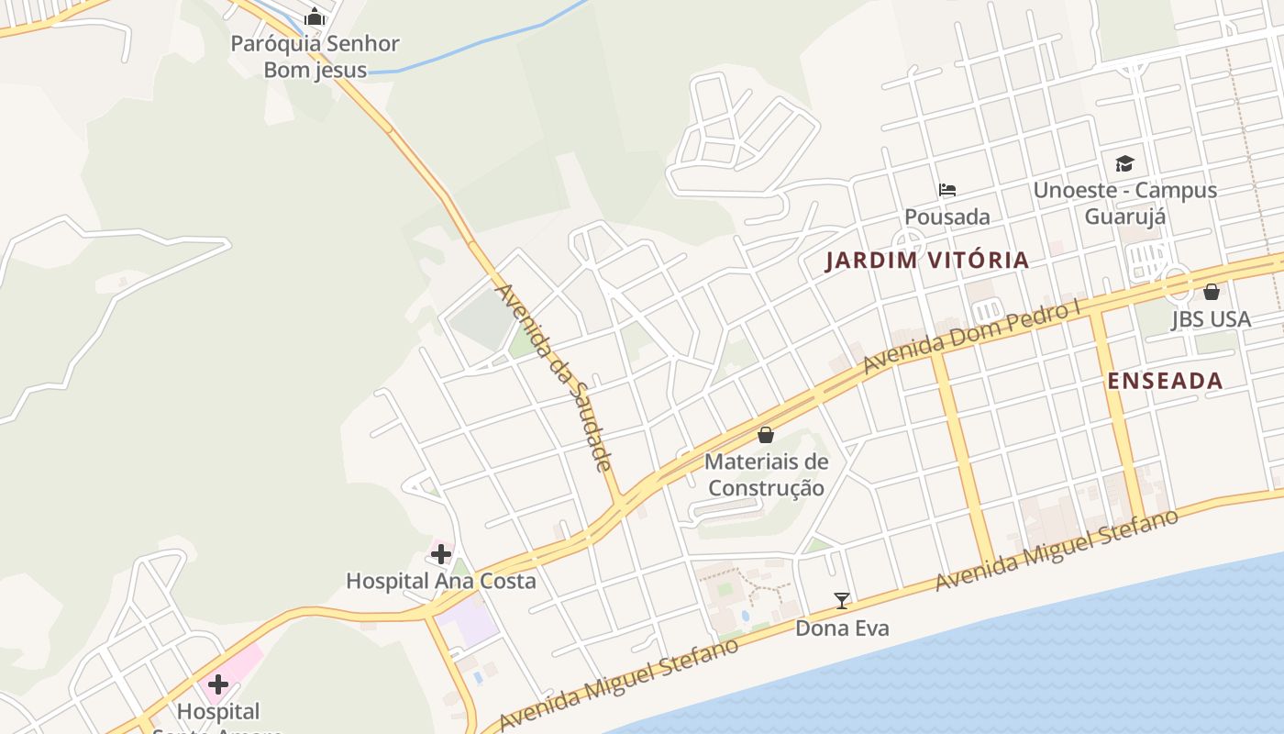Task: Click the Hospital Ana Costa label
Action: coord(440,581)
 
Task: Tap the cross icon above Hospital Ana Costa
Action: coord(441,554)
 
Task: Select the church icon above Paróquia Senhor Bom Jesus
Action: coord(315,17)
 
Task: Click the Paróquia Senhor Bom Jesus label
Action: coord(315,56)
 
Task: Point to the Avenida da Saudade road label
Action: coord(554,377)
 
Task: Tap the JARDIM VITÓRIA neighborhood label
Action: coord(927,261)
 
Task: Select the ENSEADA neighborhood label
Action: coord(1165,381)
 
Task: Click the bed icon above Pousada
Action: coord(947,190)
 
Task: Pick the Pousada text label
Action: coord(947,217)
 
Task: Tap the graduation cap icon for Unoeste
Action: coord(1124,163)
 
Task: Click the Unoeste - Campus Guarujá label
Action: coord(1125,203)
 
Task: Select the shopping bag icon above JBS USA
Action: coord(1212,292)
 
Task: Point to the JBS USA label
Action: coord(1211,319)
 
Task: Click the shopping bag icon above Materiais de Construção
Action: coord(766,435)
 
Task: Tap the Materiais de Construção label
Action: coord(766,474)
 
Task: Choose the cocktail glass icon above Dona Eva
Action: coord(842,601)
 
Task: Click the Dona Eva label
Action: coord(842,628)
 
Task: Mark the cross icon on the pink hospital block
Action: coord(218,684)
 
